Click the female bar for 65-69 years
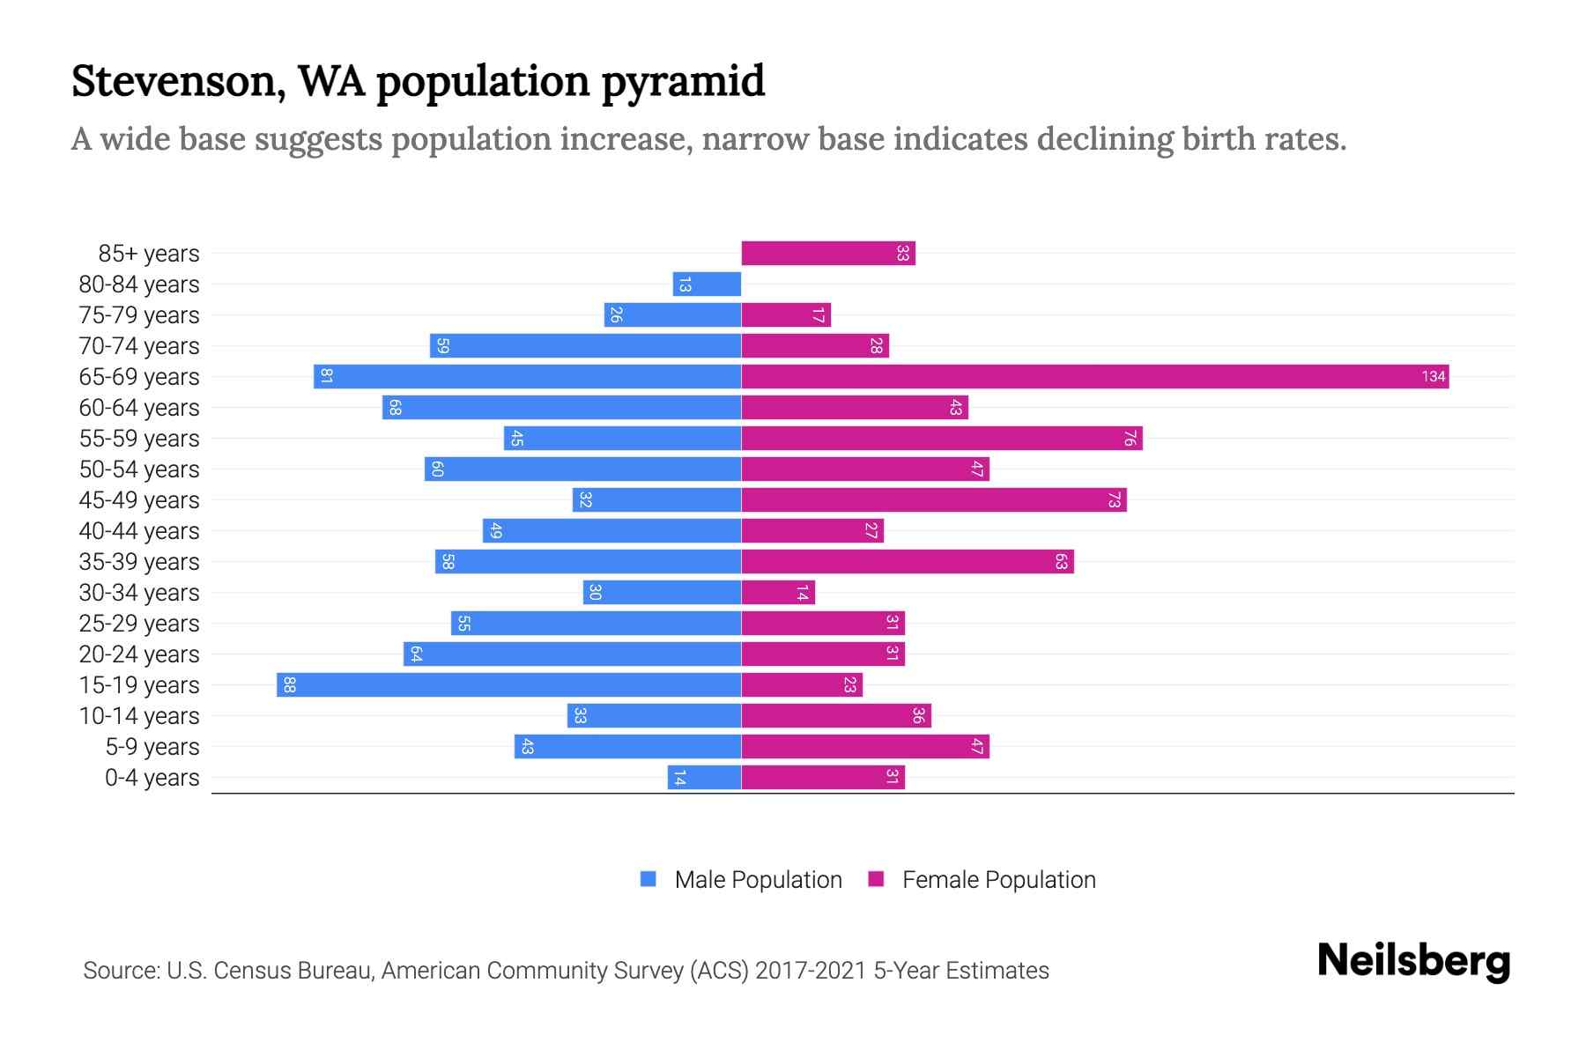[x=1094, y=377]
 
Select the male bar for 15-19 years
[x=508, y=685]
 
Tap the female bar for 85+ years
[x=827, y=254]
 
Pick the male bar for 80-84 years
[x=707, y=285]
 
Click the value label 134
[x=1433, y=377]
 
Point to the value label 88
[x=289, y=685]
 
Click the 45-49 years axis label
[x=139, y=500]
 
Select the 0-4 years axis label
[x=152, y=778]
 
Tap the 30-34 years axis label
[x=139, y=593]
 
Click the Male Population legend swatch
[x=648, y=879]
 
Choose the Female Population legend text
[x=998, y=880]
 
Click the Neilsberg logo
[x=1413, y=962]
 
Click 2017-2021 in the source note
[x=810, y=971]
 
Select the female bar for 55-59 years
[x=941, y=439]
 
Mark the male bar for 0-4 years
[x=704, y=778]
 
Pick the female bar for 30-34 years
[x=777, y=593]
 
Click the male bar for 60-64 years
[x=561, y=408]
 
